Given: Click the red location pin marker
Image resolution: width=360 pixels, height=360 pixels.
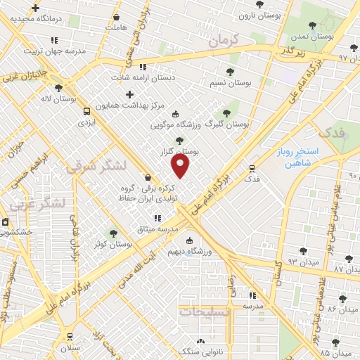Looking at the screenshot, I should pyautogui.click(x=181, y=165).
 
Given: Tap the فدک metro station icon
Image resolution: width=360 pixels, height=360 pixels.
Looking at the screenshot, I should pyautogui.click(x=252, y=168).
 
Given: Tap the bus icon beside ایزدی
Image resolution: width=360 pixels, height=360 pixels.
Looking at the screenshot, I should pyautogui.click(x=86, y=111).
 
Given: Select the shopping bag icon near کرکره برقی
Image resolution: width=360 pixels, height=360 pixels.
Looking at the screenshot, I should pyautogui.click(x=148, y=177).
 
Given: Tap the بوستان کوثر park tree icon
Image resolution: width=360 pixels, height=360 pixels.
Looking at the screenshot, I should pyautogui.click(x=113, y=233).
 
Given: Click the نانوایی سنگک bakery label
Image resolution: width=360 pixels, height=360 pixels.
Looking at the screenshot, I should pyautogui.click(x=200, y=349).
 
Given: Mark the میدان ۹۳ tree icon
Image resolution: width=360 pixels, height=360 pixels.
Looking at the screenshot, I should pyautogui.click(x=303, y=251).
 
